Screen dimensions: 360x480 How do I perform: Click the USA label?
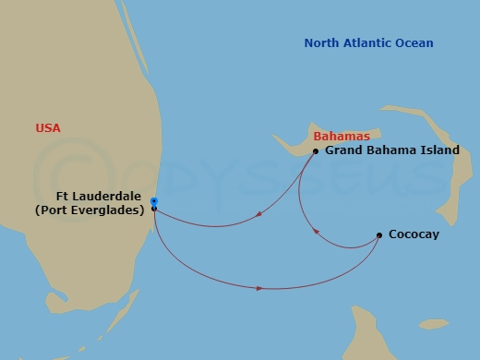tap(48, 129)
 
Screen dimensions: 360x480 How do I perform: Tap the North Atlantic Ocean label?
tap(369, 43)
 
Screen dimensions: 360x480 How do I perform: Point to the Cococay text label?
tap(414, 234)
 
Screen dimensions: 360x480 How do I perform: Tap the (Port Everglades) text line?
tap(90, 210)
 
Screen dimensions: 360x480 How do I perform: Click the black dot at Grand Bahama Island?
tap(316, 151)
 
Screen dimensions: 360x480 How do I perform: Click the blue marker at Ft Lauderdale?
tap(154, 200)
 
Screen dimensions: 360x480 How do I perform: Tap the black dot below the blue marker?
tap(154, 209)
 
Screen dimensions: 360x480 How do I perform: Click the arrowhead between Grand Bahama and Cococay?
tap(317, 232)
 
